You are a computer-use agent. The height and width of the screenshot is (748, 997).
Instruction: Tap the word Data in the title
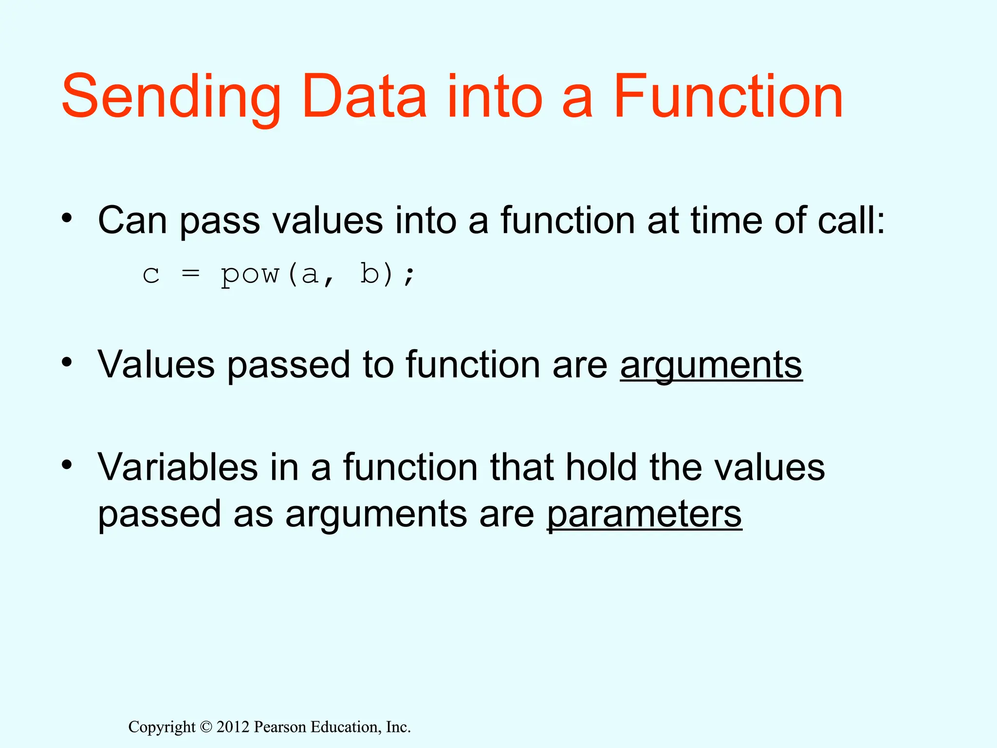(x=364, y=96)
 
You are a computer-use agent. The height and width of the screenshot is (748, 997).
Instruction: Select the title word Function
(x=728, y=96)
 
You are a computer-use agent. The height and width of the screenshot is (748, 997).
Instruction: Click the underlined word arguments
(x=711, y=365)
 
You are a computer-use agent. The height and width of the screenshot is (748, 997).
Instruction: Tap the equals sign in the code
(x=190, y=274)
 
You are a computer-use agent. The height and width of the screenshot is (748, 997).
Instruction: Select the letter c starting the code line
(x=151, y=276)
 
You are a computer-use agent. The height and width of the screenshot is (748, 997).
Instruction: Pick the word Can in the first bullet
(x=132, y=221)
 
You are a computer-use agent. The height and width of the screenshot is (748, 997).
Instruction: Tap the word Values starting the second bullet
(x=156, y=365)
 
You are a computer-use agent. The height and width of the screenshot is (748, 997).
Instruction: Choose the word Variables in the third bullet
(x=178, y=467)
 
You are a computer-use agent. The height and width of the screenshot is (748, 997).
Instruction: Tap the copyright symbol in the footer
(x=206, y=727)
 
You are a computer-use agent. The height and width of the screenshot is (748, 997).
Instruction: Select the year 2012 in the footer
(x=233, y=727)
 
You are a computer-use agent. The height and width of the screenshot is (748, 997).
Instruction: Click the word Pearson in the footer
(x=280, y=727)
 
